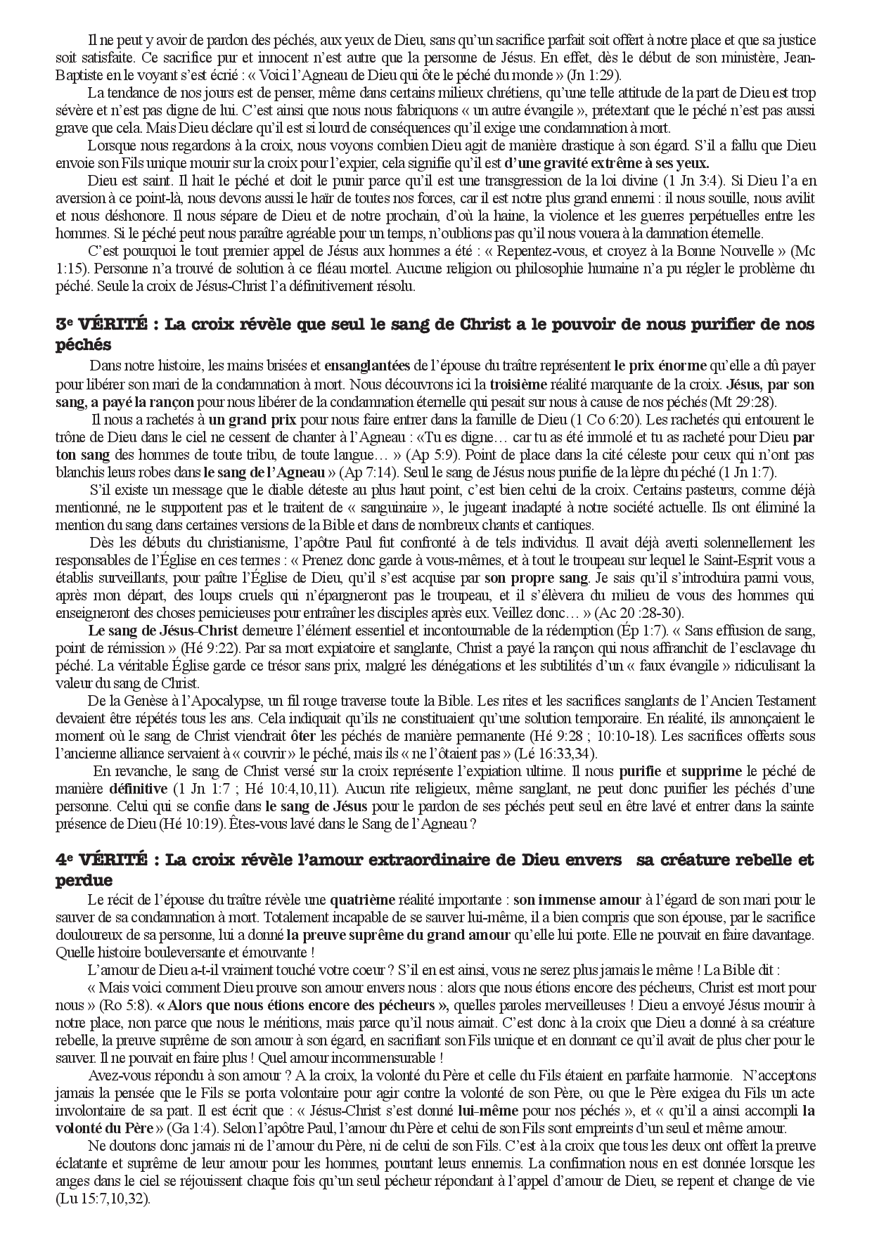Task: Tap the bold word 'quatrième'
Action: tap(363, 900)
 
